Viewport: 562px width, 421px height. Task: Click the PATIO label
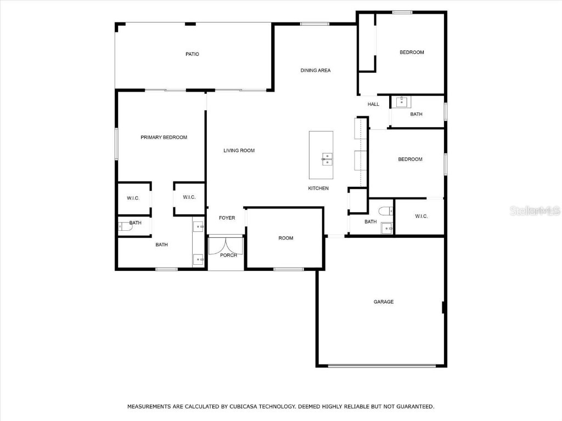tap(192, 54)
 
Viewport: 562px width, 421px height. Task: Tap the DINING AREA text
tap(316, 70)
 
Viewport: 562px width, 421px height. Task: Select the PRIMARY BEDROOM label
tap(164, 138)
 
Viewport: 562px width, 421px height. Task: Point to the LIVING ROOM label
tap(239, 151)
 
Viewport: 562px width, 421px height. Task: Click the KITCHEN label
tap(318, 189)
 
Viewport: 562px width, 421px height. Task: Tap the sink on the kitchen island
tap(327, 159)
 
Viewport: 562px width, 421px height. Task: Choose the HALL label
tap(373, 104)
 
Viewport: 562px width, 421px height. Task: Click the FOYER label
tap(227, 218)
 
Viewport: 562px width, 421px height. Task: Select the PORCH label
tap(228, 255)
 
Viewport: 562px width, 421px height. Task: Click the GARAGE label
tap(384, 302)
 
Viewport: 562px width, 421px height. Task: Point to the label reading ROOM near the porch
tap(286, 238)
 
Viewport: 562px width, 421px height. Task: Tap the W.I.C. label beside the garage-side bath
tap(421, 217)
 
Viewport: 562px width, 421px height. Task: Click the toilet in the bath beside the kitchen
tap(385, 209)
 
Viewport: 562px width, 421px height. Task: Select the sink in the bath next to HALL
tap(402, 101)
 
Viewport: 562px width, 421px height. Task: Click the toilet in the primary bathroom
tap(123, 226)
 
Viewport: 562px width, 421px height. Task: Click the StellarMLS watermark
tap(535, 211)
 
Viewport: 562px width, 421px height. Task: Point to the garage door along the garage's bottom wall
tap(382, 366)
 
